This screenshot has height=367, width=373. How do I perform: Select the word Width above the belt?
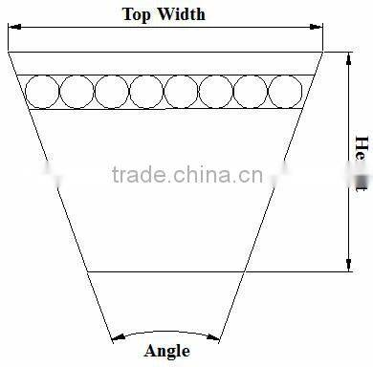[181, 14]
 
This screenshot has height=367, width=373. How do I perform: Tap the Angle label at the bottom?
[166, 351]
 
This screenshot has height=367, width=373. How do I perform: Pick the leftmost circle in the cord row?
[41, 92]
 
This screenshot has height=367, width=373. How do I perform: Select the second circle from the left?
[76, 92]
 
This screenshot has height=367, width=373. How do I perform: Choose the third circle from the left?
[111, 92]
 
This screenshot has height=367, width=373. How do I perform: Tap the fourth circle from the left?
[145, 92]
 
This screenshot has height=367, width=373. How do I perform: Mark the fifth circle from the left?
[181, 92]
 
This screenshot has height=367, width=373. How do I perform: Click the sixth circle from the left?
[215, 92]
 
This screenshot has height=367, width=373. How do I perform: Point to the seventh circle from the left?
[250, 92]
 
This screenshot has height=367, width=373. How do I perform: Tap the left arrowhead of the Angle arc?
[116, 336]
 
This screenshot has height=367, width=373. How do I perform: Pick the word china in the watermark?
[204, 174]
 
